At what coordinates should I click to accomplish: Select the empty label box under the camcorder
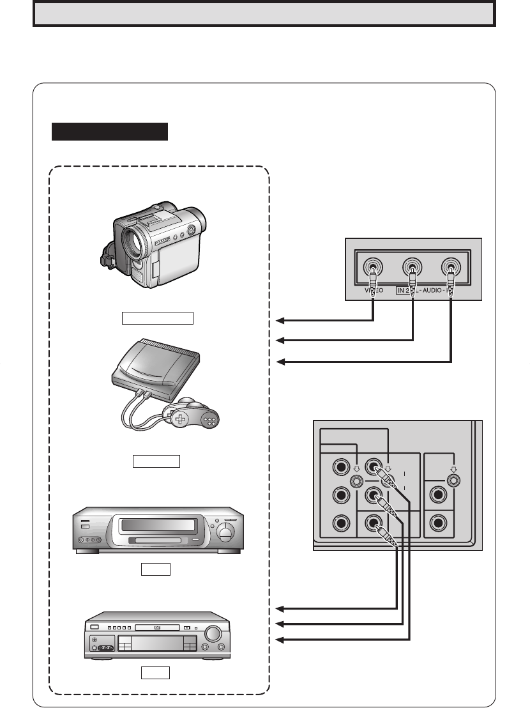coord(158,318)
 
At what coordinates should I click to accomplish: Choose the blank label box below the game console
coord(157,461)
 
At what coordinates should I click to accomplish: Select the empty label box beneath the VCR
coord(156,569)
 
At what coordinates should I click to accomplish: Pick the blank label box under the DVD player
coord(156,672)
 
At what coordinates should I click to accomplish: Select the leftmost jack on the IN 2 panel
coord(373,268)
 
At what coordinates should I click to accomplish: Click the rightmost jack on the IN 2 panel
coord(452,268)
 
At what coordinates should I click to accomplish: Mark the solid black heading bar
coord(109,132)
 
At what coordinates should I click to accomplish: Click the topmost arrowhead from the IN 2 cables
coord(282,320)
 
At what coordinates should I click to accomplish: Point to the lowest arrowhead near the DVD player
coord(282,640)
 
